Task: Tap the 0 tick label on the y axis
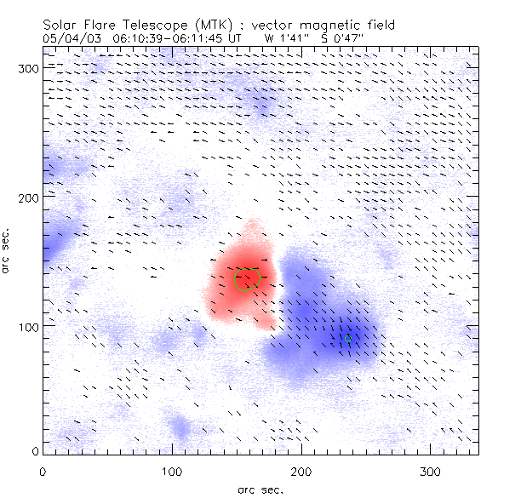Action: tap(34, 451)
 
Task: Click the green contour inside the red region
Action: tap(248, 279)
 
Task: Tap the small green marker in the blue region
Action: tap(348, 338)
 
